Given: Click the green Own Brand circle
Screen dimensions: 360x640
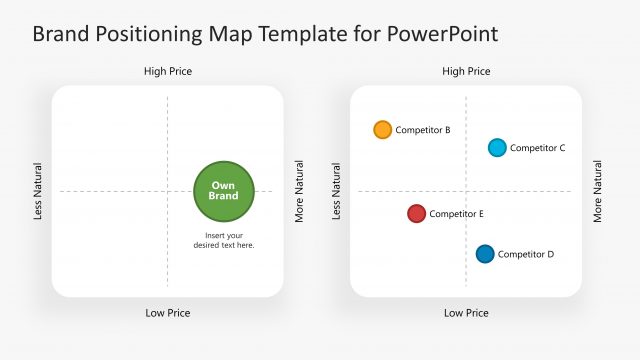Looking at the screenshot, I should tap(224, 191).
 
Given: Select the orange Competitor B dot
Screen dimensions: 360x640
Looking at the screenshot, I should tap(382, 130).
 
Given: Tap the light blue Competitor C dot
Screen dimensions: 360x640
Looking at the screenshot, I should tap(497, 148).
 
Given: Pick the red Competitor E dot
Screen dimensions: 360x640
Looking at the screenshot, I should tap(417, 213).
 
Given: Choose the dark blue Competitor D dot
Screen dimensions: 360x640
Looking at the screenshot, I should tap(485, 254).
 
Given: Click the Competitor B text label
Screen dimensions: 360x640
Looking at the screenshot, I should tap(423, 130).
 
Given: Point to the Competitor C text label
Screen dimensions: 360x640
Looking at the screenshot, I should tap(538, 148).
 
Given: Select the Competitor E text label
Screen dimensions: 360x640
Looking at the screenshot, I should tap(457, 214).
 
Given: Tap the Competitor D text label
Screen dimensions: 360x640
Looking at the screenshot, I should tap(526, 254).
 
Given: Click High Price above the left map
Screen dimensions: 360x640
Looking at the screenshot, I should tap(168, 71).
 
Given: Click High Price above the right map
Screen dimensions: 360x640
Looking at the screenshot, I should tap(466, 71).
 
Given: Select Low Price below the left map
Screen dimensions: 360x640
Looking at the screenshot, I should tap(168, 313).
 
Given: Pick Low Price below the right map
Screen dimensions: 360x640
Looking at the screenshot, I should tap(466, 313).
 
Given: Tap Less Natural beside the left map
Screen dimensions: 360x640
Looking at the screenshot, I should tap(39, 191).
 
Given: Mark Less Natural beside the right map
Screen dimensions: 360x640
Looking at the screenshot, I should tap(337, 191).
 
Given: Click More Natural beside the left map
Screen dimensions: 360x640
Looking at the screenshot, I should tap(299, 191).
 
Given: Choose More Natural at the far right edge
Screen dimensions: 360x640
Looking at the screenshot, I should tap(598, 191).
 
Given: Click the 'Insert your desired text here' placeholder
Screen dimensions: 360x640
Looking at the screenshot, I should tap(224, 240).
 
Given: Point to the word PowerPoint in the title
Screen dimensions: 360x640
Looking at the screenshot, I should tap(445, 34).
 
